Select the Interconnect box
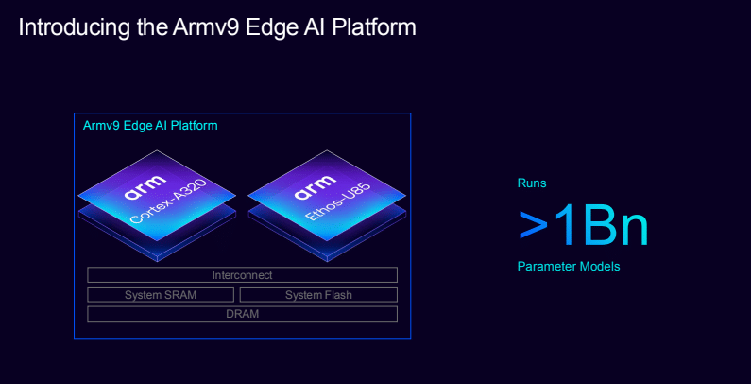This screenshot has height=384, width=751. (242, 275)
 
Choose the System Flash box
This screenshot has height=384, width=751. (318, 295)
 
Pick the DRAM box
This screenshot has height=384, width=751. (242, 314)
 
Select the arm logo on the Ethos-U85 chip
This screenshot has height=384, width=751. (315, 188)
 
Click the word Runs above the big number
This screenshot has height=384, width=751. (532, 183)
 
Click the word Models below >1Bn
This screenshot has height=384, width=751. (601, 267)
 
